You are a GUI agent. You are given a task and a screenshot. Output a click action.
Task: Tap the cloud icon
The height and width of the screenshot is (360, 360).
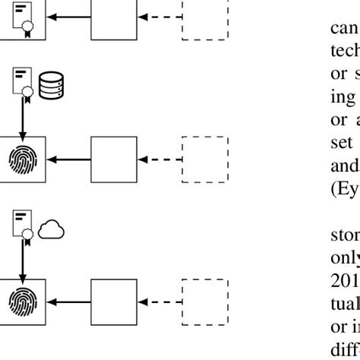pyautogui.click(x=52, y=229)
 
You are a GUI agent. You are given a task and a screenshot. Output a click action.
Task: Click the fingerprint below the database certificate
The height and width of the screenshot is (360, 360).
pyautogui.click(x=23, y=159)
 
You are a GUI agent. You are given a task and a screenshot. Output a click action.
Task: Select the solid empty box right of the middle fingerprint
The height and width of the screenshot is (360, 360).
pyautogui.click(x=113, y=159)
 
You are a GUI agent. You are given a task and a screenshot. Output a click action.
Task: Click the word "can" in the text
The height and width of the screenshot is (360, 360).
pyautogui.click(x=343, y=29)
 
